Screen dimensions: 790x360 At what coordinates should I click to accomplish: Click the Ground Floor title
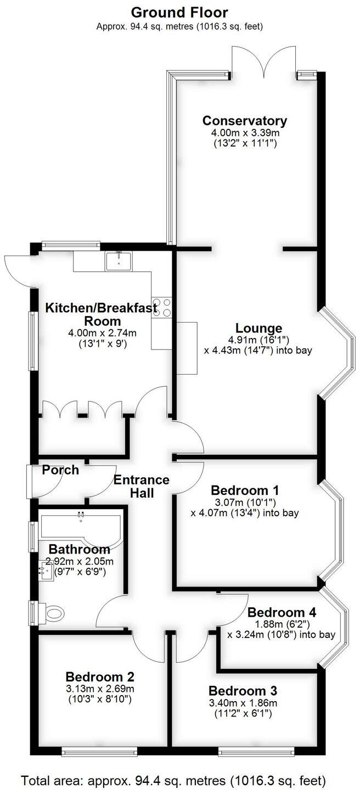(x=180, y=12)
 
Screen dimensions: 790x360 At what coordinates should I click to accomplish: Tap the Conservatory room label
(x=245, y=121)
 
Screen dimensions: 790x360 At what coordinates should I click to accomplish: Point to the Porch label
(x=60, y=470)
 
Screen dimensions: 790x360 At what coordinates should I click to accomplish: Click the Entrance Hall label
(x=142, y=486)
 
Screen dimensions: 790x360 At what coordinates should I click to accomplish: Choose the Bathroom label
(x=79, y=549)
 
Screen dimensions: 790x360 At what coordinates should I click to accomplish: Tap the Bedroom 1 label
(x=245, y=490)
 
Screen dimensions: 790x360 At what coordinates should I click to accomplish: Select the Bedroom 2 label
(x=100, y=677)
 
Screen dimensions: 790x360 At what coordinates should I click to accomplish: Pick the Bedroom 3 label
(x=243, y=690)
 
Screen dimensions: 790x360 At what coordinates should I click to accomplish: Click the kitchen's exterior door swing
(x=18, y=270)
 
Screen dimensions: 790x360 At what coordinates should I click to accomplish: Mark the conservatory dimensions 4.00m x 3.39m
(x=245, y=133)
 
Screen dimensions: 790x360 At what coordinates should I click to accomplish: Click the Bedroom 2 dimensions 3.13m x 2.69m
(x=100, y=689)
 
